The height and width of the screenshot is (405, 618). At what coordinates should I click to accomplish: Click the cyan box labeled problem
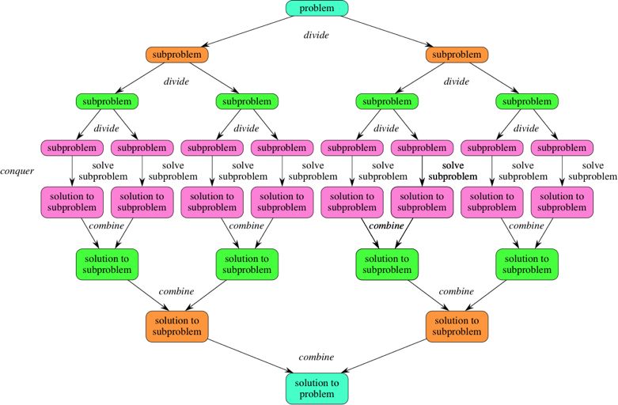tap(317, 9)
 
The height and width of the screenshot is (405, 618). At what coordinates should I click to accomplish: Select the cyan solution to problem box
tap(317, 388)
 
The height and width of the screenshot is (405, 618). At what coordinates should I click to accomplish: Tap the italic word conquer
tap(17, 171)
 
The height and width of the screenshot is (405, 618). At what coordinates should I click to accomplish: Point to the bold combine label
tap(387, 225)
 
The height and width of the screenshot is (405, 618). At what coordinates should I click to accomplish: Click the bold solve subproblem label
tap(453, 171)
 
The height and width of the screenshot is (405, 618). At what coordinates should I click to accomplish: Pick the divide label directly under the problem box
tap(317, 35)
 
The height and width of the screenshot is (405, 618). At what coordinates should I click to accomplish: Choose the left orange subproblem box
tap(176, 55)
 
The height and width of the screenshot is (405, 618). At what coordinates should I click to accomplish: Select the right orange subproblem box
tap(457, 55)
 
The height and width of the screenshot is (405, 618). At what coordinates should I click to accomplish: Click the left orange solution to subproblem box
tap(176, 326)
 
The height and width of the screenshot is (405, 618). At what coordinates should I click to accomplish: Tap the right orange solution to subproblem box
tap(457, 326)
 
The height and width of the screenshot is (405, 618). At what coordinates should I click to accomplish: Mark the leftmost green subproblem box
tap(107, 101)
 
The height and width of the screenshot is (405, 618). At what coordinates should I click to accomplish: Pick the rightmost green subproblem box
tap(527, 101)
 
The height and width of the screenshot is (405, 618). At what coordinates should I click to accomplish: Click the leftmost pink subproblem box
tap(72, 147)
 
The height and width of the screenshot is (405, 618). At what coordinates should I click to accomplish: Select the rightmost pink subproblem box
tap(562, 147)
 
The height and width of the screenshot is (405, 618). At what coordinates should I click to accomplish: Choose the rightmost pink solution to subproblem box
tap(562, 202)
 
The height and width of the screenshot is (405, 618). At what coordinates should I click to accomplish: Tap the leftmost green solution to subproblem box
tap(107, 264)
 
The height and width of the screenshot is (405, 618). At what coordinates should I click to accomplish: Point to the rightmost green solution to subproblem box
tap(527, 264)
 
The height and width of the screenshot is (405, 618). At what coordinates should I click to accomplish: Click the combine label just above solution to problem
tap(317, 358)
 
